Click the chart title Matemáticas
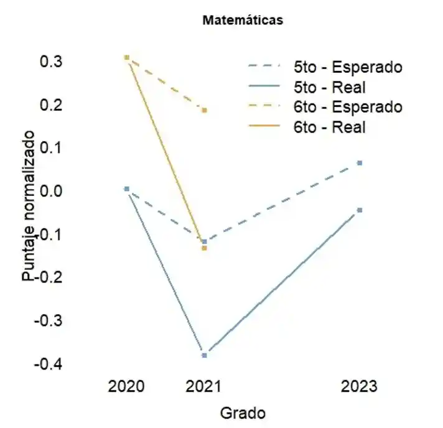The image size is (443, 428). pyautogui.click(x=243, y=21)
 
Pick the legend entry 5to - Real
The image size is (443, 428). pyautogui.click(x=329, y=86)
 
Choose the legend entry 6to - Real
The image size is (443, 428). pyautogui.click(x=329, y=126)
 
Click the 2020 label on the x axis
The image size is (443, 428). pyautogui.click(x=126, y=386)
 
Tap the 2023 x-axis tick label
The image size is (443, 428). pyautogui.click(x=360, y=386)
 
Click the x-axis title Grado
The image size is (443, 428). pyautogui.click(x=243, y=412)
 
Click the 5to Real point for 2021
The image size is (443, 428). pyautogui.click(x=204, y=355)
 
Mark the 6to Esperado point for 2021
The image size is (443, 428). pyautogui.click(x=204, y=110)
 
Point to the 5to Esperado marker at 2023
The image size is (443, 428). pyautogui.click(x=360, y=163)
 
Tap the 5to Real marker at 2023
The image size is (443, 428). pyautogui.click(x=360, y=210)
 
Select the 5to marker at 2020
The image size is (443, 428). pyautogui.click(x=126, y=188)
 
